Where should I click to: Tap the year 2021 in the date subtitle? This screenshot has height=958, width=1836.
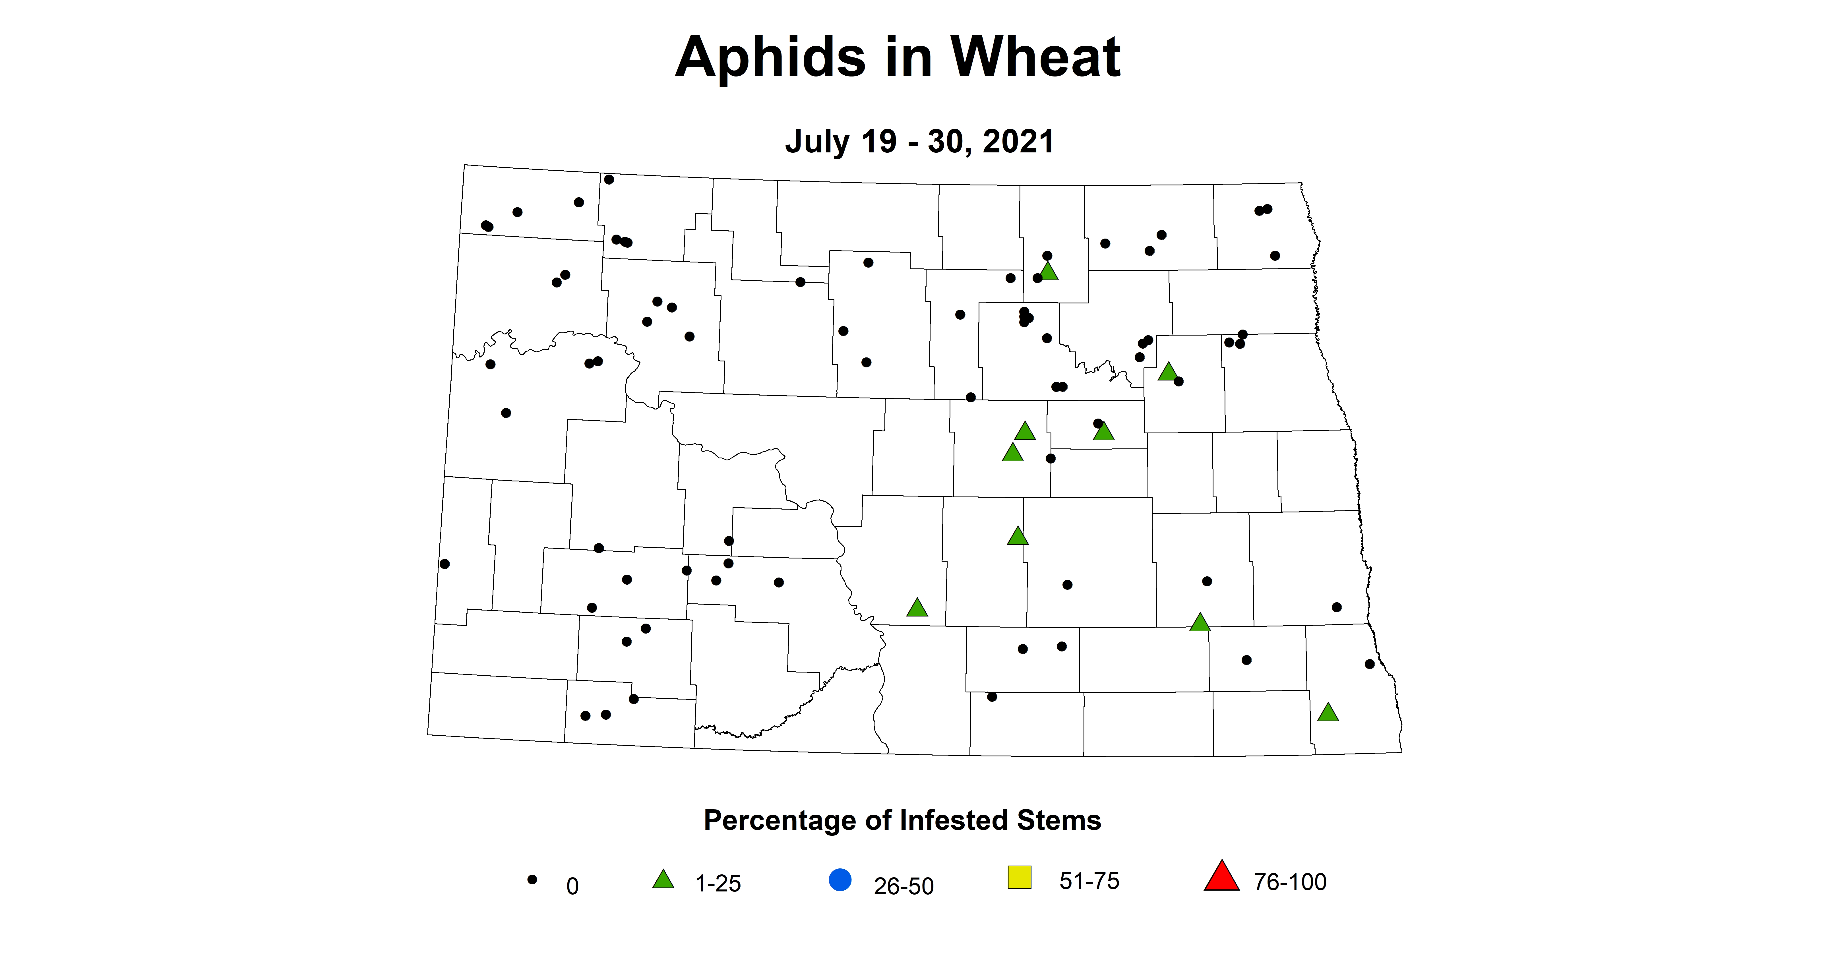[x=1018, y=142]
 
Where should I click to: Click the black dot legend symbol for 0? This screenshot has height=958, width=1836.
[x=532, y=880]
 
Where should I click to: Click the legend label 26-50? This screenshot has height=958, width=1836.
[x=904, y=886]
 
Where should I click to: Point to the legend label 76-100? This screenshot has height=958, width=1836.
[x=1290, y=882]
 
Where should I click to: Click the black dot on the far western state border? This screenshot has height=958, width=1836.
[x=445, y=564]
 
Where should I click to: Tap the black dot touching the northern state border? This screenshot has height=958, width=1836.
[x=609, y=180]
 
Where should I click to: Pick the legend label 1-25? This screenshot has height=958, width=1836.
[x=718, y=884]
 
